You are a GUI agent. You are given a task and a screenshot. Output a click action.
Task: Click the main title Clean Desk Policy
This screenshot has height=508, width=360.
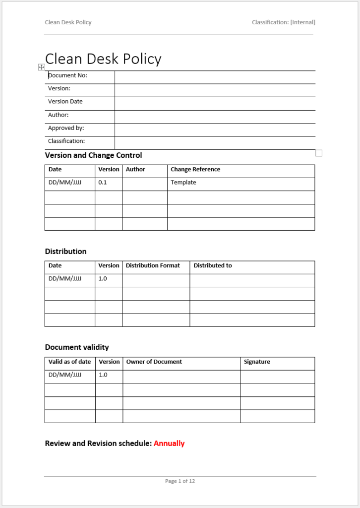(103, 59)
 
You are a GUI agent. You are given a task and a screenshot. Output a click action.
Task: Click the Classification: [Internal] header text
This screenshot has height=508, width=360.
(283, 22)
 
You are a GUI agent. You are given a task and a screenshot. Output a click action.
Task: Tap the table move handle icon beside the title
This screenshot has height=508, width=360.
(42, 67)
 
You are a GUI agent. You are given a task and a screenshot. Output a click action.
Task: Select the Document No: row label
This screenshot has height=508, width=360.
(67, 75)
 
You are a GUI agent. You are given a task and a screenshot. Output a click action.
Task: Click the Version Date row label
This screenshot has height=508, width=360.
(65, 102)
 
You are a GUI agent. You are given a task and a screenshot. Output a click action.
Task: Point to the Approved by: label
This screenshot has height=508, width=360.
(66, 128)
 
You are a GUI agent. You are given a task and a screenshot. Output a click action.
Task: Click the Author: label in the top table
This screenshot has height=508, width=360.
(58, 115)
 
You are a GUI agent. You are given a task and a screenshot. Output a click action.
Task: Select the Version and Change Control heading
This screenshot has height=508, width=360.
(93, 155)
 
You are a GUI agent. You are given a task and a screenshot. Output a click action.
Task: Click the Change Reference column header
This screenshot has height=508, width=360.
(195, 170)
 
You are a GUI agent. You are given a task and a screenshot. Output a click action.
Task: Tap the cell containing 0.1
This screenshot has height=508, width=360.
(103, 183)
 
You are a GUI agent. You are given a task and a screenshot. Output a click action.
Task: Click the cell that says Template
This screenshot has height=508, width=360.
(183, 183)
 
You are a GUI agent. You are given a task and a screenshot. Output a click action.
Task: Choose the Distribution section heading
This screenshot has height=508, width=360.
(65, 252)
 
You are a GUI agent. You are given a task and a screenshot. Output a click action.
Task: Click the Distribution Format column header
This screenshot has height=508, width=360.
(153, 266)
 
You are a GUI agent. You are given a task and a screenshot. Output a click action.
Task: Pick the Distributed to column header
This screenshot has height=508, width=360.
(213, 266)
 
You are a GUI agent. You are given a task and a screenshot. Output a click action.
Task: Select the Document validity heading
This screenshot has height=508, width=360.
(77, 347)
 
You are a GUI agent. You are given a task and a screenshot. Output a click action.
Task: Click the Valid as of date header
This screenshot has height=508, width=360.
(69, 362)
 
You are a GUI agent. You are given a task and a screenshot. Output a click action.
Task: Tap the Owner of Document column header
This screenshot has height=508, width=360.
(154, 362)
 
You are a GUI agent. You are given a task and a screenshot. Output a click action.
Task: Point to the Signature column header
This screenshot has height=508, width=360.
(257, 362)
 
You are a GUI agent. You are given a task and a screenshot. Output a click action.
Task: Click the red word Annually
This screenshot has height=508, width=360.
(169, 444)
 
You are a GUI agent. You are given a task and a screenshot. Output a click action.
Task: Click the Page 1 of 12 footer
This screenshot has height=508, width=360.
(180, 481)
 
